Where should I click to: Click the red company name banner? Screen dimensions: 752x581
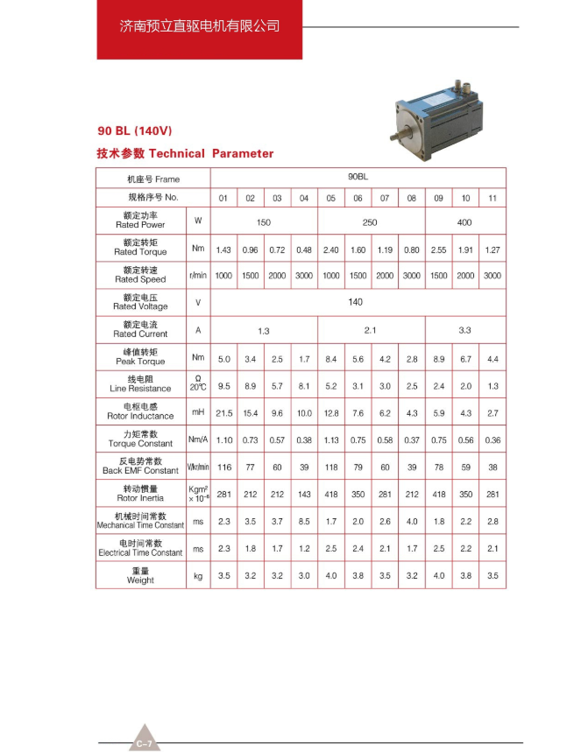tap(200, 27)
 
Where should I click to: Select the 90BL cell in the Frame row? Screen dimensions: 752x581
tap(358, 176)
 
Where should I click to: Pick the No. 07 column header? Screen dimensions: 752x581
tap(385, 198)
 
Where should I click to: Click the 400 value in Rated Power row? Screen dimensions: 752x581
tap(464, 222)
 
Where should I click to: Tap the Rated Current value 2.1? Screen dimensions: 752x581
tap(370, 330)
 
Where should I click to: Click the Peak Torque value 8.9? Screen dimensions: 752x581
tap(438, 359)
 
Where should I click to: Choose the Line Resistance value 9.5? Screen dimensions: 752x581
tap(223, 386)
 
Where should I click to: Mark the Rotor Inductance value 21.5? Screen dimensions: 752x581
tap(223, 413)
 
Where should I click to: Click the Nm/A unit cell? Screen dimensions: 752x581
tap(198, 440)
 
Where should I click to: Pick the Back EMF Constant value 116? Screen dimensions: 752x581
tap(223, 467)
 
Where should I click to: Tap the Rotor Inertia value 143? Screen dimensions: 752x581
tap(304, 495)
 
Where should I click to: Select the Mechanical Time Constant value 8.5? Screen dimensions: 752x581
tap(304, 522)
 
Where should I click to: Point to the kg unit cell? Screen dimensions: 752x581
tap(198, 576)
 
